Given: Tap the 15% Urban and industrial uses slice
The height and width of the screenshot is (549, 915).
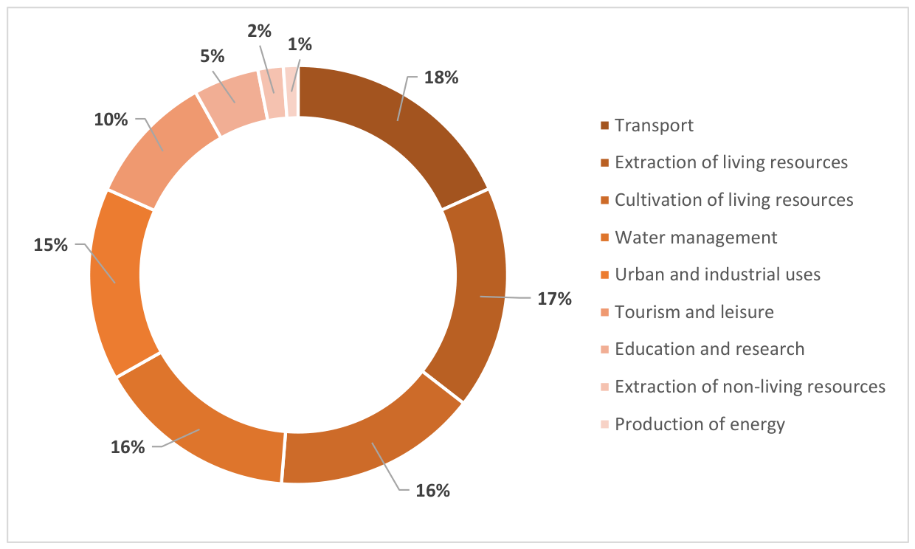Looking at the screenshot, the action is [x=119, y=282].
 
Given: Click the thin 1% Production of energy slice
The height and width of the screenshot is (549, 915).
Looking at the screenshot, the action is [x=291, y=91].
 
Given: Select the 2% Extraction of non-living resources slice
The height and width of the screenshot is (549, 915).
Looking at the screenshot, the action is [x=273, y=93].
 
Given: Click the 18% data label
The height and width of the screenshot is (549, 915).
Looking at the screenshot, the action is [x=441, y=77].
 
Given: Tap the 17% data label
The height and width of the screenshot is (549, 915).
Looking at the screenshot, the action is [x=554, y=299].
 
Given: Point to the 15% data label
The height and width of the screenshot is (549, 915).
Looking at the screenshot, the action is [x=51, y=245].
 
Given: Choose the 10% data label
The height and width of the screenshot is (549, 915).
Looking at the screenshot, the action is [x=111, y=120].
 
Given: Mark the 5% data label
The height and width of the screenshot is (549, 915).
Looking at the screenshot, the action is [x=213, y=56].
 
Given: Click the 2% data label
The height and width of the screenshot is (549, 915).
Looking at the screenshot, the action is [x=260, y=31].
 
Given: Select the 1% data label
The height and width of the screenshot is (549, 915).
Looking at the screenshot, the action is [x=300, y=44].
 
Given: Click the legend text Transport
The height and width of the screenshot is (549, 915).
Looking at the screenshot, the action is [x=654, y=125].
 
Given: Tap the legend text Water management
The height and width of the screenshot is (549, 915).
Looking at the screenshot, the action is [x=696, y=238].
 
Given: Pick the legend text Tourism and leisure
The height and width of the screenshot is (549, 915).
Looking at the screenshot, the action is [x=694, y=312].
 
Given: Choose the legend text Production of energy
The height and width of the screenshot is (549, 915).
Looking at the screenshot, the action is [x=700, y=424].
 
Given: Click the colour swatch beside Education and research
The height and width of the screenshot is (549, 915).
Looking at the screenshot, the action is [x=605, y=350].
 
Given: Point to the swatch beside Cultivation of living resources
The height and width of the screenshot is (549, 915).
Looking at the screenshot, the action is [x=605, y=200].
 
